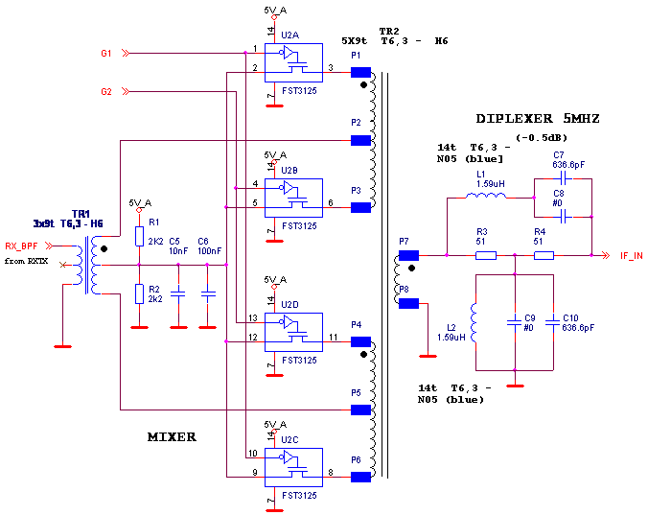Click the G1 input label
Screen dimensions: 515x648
pos(106,54)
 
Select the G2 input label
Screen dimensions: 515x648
pos(106,92)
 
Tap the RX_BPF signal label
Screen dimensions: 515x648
pos(20,246)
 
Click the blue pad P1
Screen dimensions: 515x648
pos(360,72)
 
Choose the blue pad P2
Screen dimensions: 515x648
pos(360,140)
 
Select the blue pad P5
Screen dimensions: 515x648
pos(360,410)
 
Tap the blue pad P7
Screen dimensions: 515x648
pos(408,255)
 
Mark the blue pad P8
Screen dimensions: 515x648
pos(408,303)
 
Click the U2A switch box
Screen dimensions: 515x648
pos(293,62)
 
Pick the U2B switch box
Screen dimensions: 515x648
pos(294,198)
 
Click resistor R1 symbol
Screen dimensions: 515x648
pos(139,236)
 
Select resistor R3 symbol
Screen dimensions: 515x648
pos(486,256)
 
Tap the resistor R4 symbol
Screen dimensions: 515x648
pos(544,256)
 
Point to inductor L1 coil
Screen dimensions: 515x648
pos(486,197)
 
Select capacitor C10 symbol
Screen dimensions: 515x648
pos(553,322)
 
